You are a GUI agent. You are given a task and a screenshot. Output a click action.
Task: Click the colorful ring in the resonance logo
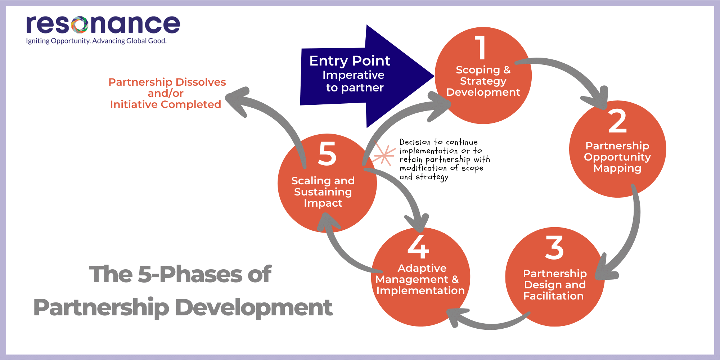click(80, 24)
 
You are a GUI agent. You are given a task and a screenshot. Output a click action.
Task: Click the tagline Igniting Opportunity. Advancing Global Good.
click(96, 41)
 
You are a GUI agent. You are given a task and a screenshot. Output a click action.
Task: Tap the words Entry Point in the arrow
click(350, 61)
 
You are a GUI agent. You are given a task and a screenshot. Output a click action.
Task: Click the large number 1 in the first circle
click(481, 48)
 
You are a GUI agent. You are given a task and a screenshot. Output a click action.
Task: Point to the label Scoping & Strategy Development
click(483, 81)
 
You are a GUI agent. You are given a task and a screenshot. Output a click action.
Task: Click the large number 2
click(617, 122)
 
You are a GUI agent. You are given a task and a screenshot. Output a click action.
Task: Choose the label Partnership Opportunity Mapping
click(617, 157)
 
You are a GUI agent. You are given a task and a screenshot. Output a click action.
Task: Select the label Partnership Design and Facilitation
click(554, 285)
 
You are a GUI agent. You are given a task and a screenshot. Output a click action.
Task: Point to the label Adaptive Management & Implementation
click(420, 279)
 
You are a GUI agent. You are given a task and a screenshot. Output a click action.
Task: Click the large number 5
click(327, 154)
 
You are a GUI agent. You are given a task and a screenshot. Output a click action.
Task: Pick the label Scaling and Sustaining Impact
click(323, 192)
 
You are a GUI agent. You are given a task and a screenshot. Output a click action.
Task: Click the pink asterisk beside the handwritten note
click(384, 155)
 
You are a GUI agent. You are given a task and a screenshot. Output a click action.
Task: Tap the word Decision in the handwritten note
click(415, 142)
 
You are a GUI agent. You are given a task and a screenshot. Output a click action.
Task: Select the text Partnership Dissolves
click(167, 82)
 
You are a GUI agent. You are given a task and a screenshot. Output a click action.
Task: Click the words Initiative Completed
click(166, 104)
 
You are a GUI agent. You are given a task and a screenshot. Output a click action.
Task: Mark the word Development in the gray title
click(254, 308)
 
